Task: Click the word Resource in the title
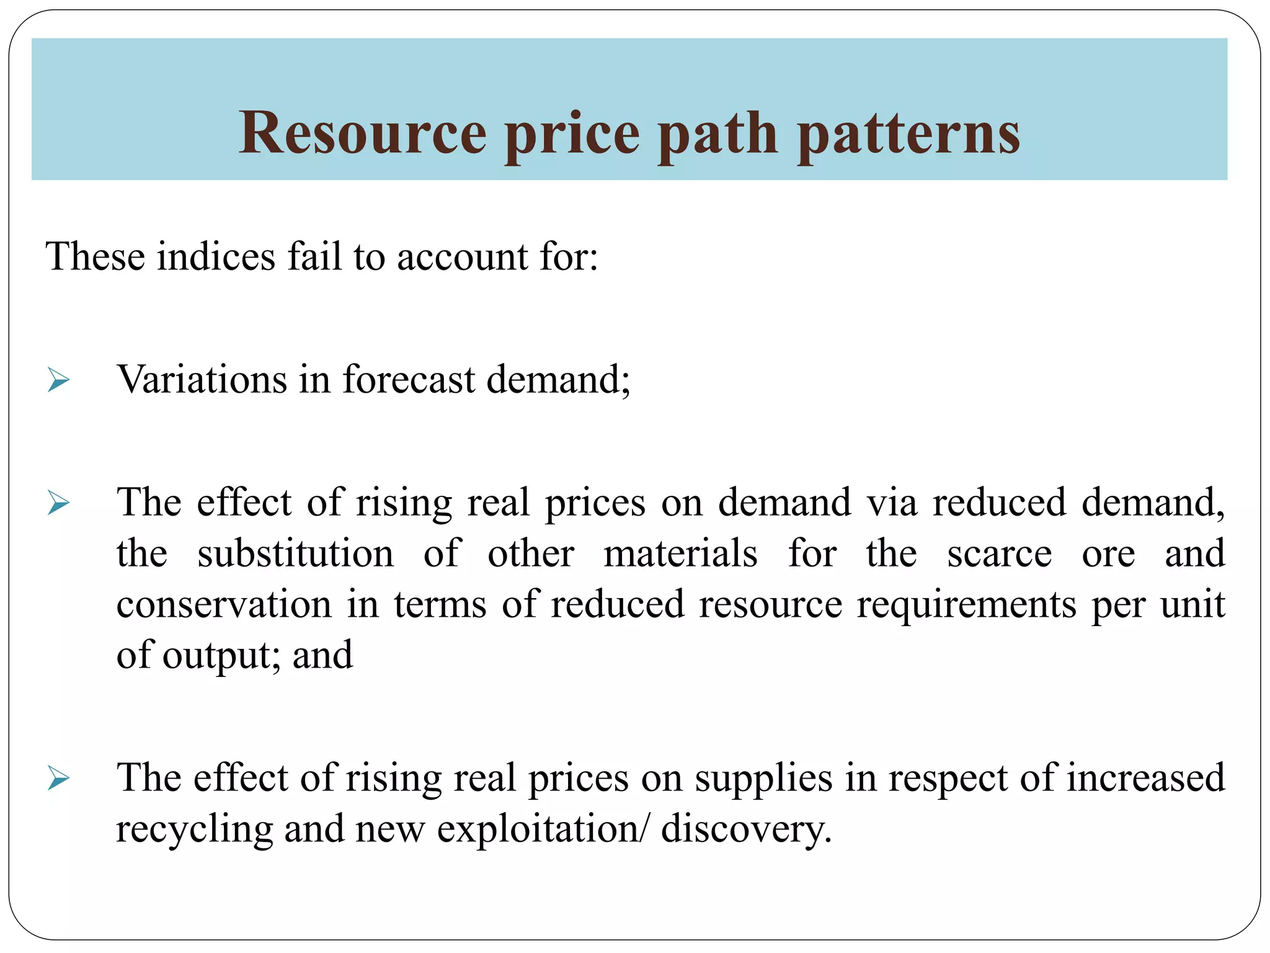[x=363, y=133]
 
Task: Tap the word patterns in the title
[x=908, y=133]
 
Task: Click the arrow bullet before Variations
[x=58, y=380]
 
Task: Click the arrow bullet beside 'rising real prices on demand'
[x=58, y=503]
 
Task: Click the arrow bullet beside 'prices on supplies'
[x=58, y=778]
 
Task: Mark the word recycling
[x=194, y=829]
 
